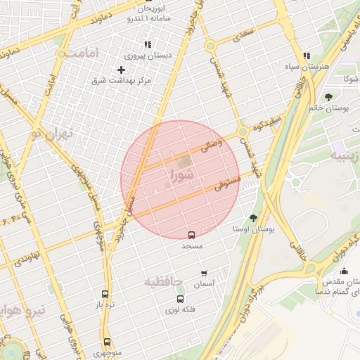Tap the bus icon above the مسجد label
click(191, 235)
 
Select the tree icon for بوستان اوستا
click(253, 218)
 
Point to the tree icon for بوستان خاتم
click(328, 97)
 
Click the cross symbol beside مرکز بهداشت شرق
click(121, 70)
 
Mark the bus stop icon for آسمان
click(204, 274)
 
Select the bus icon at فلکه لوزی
click(180, 299)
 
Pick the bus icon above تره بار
click(105, 295)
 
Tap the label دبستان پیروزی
click(139, 56)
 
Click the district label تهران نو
click(51, 134)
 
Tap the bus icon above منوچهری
click(107, 342)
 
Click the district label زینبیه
click(346, 156)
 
